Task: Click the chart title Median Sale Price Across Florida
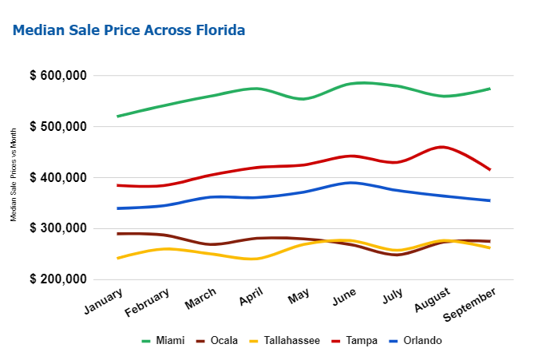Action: (129, 30)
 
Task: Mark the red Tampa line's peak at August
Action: (441, 147)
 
